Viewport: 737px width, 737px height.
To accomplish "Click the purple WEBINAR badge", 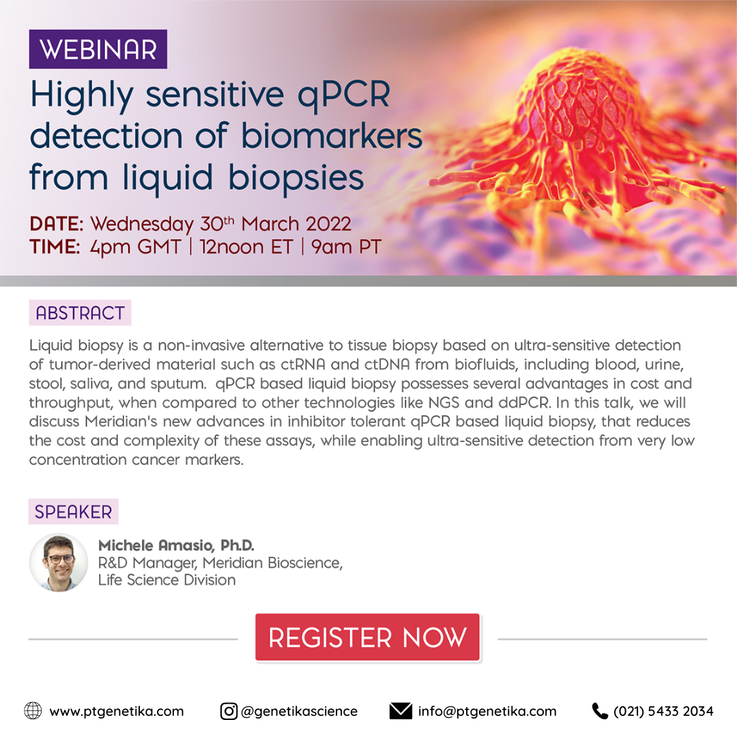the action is tap(98, 49).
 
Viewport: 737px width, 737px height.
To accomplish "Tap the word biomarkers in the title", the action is tap(332, 136).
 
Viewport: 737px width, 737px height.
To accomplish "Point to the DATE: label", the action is tap(57, 224).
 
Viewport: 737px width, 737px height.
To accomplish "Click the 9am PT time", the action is tap(345, 247).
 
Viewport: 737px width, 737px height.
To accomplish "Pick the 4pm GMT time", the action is tap(135, 247).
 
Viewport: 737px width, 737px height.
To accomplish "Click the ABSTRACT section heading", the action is tap(80, 313).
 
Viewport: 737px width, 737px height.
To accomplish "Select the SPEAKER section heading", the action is tap(73, 511).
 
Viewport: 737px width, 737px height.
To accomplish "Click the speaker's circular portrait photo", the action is tap(59, 562).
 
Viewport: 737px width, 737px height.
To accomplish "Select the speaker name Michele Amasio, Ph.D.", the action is tap(176, 545).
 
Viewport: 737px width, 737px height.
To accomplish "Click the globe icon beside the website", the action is tap(33, 710).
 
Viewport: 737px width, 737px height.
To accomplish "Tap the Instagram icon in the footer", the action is tap(229, 711).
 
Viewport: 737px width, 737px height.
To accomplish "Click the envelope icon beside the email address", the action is tap(401, 711).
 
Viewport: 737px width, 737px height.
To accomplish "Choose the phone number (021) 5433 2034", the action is tap(663, 711).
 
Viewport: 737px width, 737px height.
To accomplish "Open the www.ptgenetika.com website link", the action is tap(117, 712).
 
